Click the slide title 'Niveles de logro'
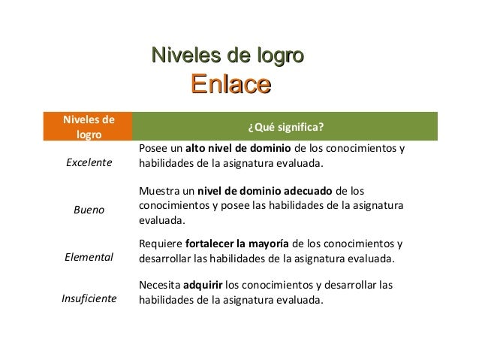point(227,54)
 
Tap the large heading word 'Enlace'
point(230,83)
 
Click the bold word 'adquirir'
point(203,285)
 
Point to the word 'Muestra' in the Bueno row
point(158,190)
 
